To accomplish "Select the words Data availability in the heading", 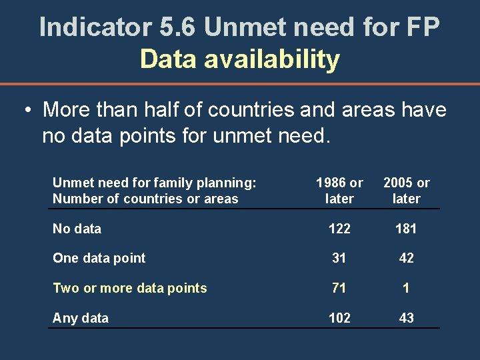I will [x=240, y=59].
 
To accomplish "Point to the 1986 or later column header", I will [x=339, y=191].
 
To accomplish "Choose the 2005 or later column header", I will [x=406, y=191].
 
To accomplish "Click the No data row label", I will [x=77, y=229].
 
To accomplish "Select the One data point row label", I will [x=99, y=258].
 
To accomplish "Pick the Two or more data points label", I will [x=129, y=288].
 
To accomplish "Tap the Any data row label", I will [x=80, y=318].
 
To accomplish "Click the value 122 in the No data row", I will [x=339, y=229].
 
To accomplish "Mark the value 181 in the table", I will [x=406, y=229].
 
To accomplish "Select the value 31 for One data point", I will [x=339, y=258].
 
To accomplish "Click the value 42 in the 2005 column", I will [x=406, y=258].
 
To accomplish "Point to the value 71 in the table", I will [x=339, y=288].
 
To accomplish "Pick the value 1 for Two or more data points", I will [x=406, y=288].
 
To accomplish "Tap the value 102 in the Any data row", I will [x=339, y=318].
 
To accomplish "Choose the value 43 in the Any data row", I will [x=406, y=318].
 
